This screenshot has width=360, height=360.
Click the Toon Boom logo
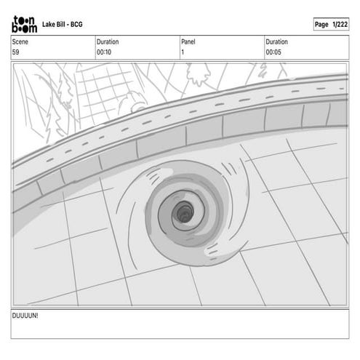pos(25,24)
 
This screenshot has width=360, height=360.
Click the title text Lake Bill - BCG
pos(63,24)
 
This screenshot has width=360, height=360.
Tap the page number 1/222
pos(340,24)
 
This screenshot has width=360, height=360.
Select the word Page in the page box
pos(321,25)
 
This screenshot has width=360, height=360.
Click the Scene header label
pos(20,41)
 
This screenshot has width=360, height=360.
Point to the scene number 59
pos(15,52)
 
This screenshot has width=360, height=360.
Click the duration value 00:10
pos(104,52)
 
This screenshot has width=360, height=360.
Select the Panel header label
pos(188,41)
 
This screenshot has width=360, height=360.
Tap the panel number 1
pos(183,52)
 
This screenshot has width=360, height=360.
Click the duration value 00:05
pos(273,52)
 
